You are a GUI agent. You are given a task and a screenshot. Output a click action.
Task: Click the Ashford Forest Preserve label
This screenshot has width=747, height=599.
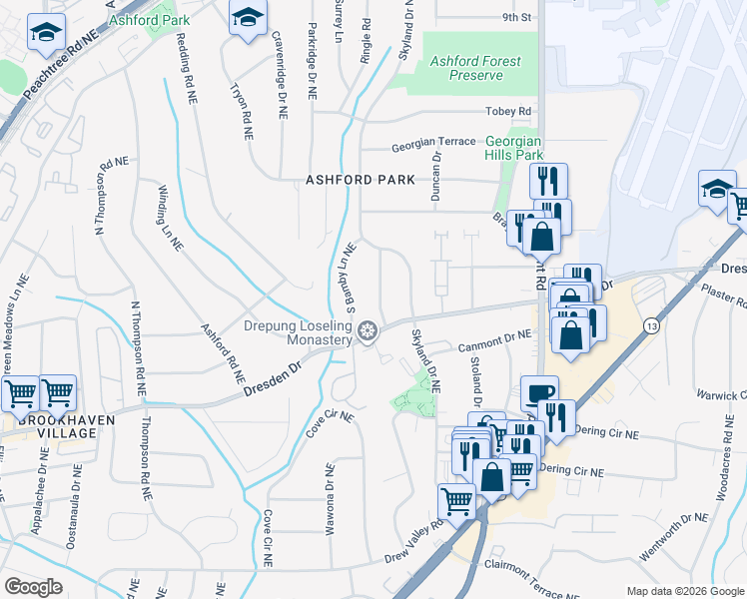coord(474,68)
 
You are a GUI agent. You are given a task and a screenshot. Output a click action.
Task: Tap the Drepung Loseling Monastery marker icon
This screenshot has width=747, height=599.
coord(369,330)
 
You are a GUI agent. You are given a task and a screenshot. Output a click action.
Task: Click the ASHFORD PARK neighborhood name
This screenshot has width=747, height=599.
coord(360,180)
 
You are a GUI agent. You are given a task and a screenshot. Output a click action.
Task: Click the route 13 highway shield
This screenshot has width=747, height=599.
coord(651,325)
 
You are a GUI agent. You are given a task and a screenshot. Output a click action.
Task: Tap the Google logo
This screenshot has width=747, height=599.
coord(33,586)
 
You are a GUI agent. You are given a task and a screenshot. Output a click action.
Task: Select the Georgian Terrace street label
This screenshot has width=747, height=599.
coord(433,143)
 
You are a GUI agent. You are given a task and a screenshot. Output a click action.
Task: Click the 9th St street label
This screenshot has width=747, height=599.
coord(515,18)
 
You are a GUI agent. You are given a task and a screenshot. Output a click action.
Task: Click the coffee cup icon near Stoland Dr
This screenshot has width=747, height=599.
coord(539,392)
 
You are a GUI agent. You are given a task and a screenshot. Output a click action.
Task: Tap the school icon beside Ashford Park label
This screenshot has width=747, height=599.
coord(249,18)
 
